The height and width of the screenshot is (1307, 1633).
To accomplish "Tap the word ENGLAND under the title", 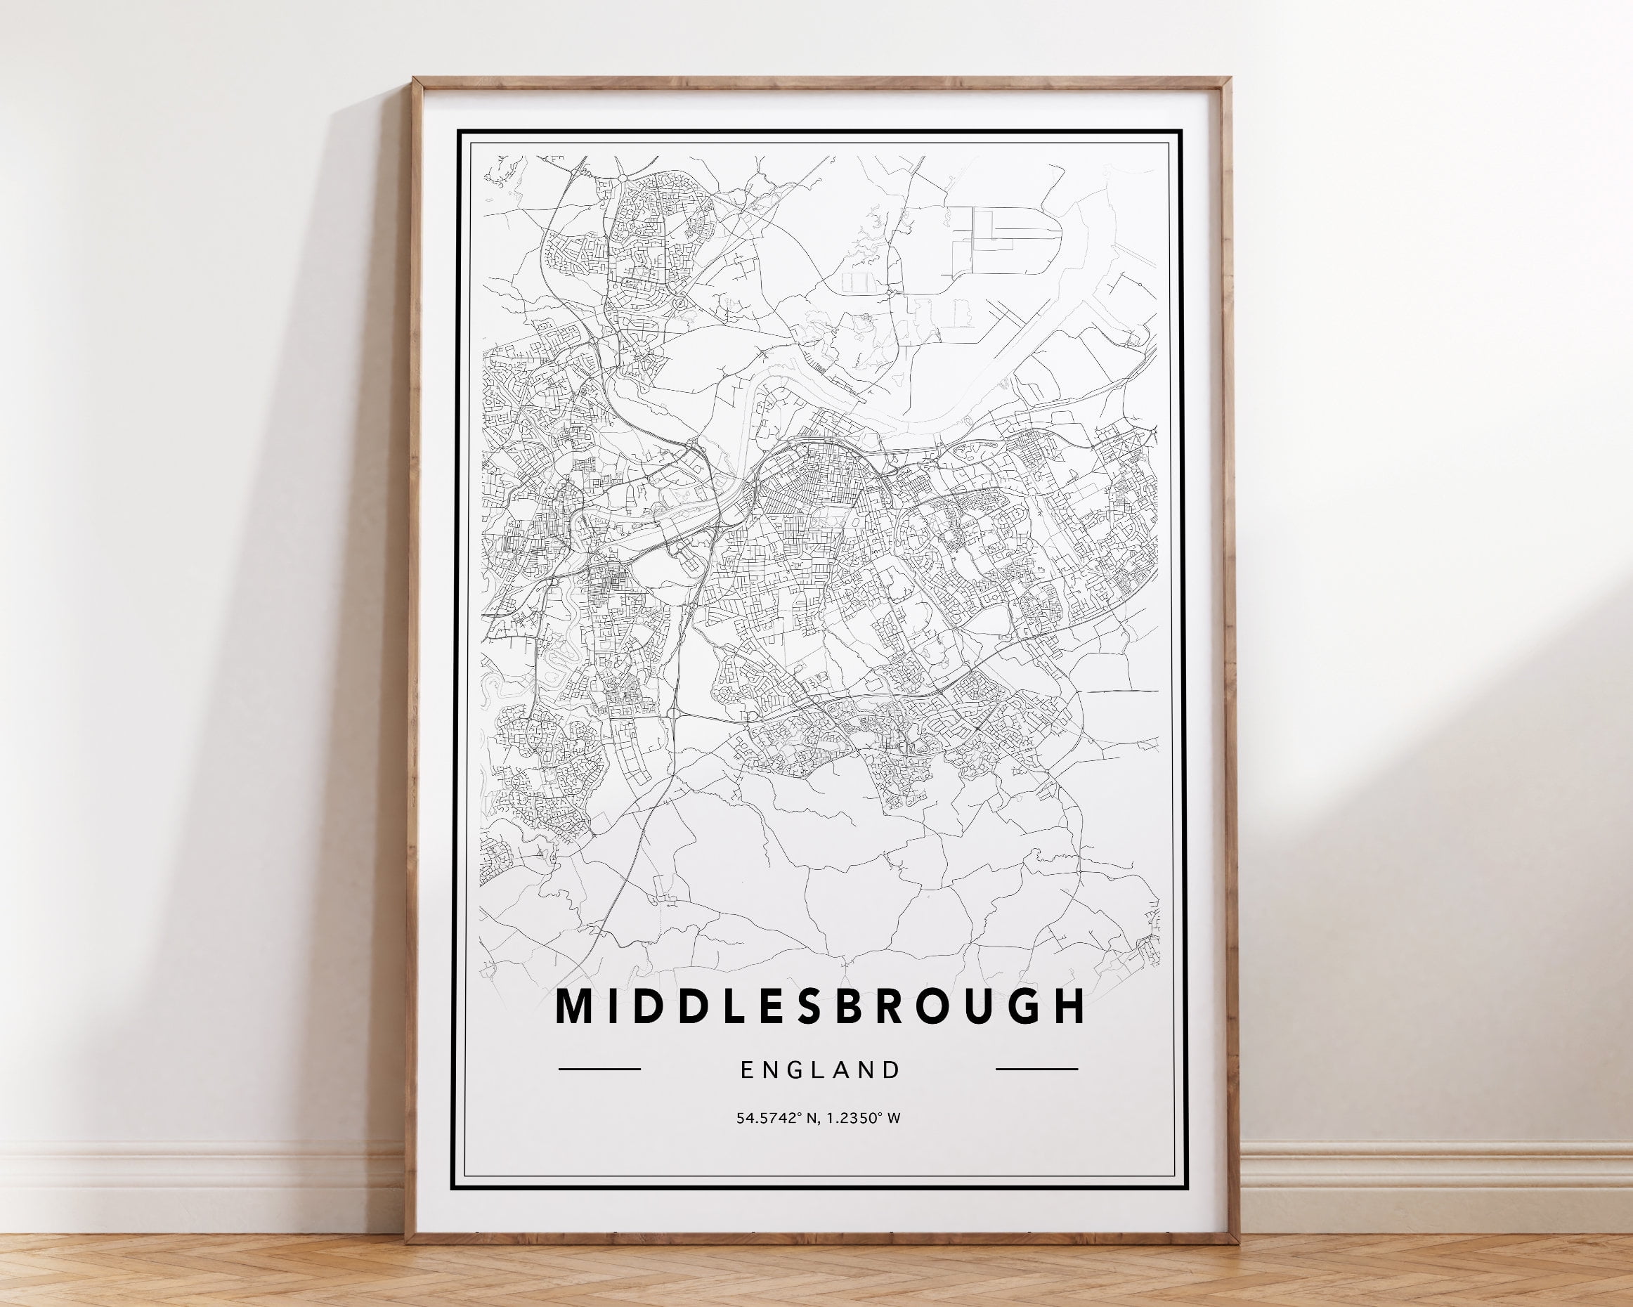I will (x=821, y=1069).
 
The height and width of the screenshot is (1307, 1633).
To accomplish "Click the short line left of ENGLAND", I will (x=599, y=1069).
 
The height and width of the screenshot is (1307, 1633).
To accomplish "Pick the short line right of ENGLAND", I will (x=1036, y=1069).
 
